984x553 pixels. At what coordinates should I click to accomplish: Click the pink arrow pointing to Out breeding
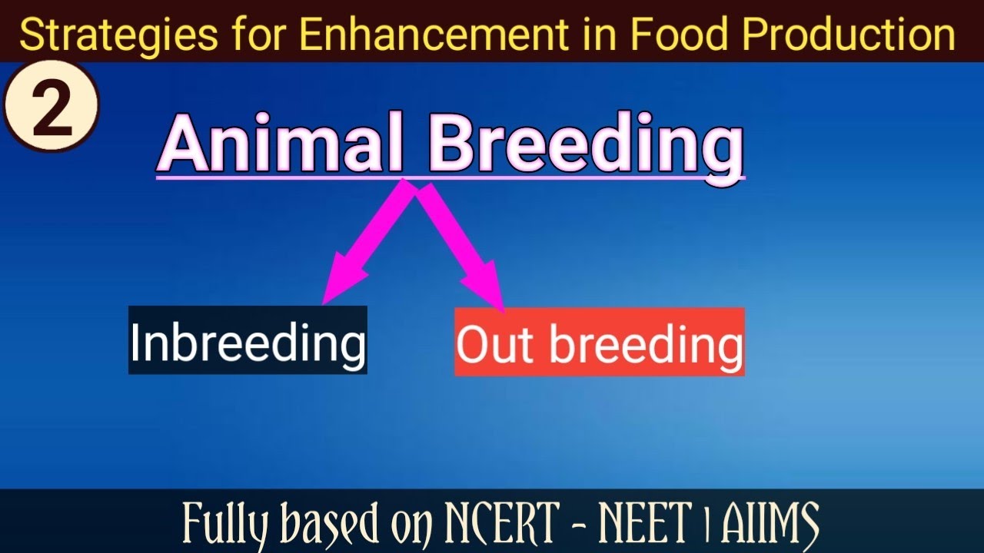[x=461, y=246]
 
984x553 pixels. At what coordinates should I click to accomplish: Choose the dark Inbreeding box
[x=248, y=340]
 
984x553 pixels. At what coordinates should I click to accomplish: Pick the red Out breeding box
[x=600, y=342]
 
